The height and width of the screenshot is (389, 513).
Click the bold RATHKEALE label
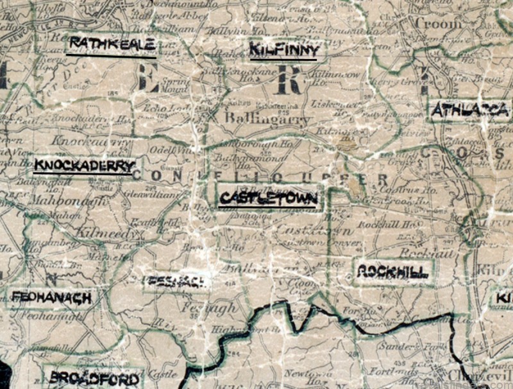112,44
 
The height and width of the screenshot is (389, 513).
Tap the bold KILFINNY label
283,49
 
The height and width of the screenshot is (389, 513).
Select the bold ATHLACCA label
470,110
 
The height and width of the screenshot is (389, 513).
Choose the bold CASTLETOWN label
268,198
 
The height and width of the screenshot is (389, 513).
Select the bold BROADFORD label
94,378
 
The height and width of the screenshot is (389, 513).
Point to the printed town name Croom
438,24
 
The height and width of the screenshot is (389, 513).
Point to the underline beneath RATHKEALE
112,55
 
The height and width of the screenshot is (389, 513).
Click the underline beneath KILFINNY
283,60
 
